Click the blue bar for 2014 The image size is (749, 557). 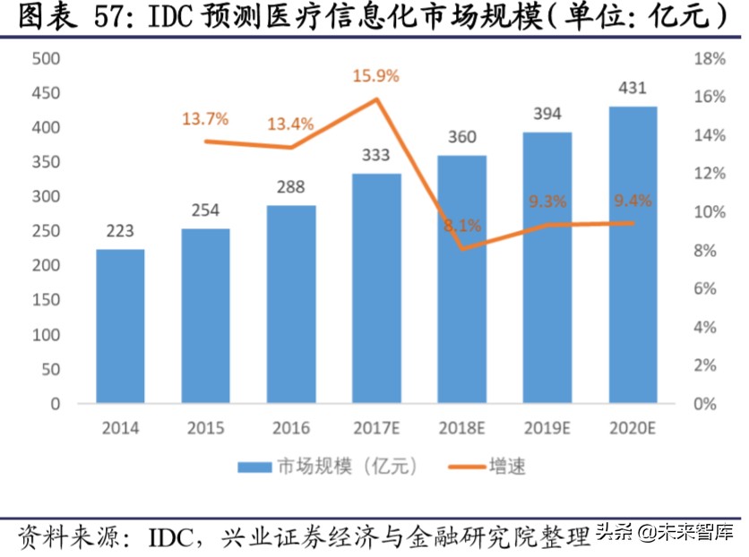(x=120, y=326)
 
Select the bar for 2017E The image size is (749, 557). (x=375, y=287)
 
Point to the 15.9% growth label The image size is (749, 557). (x=375, y=78)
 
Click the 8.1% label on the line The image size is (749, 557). (x=462, y=226)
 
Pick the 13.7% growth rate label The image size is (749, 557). (x=206, y=118)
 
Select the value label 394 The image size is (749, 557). (x=547, y=114)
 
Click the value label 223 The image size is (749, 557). (x=120, y=231)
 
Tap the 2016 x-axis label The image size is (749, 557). (x=291, y=428)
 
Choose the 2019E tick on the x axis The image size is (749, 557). (x=547, y=428)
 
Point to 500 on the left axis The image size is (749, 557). (x=45, y=59)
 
